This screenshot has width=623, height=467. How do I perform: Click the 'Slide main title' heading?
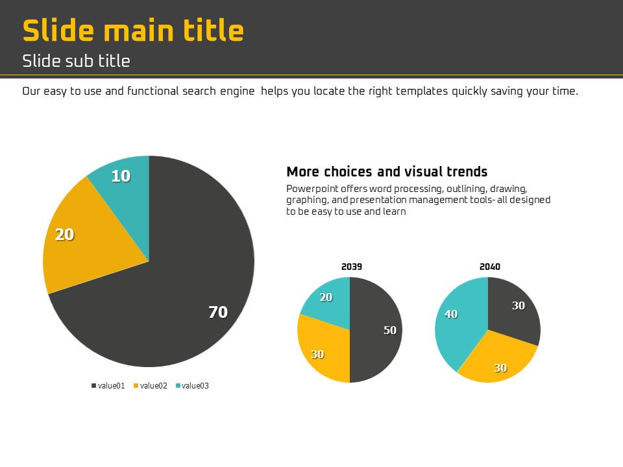pyautogui.click(x=133, y=30)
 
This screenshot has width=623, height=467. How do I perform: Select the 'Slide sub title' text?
pyautogui.click(x=76, y=61)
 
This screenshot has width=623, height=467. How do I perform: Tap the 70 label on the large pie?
pyautogui.click(x=218, y=312)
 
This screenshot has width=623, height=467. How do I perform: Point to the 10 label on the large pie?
pyautogui.click(x=121, y=176)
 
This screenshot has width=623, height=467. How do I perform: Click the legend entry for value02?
pyautogui.click(x=151, y=386)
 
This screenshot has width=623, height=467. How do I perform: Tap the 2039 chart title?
pyautogui.click(x=352, y=267)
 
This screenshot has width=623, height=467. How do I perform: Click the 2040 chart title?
pyautogui.click(x=490, y=267)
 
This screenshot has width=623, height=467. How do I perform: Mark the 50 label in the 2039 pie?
pyautogui.click(x=390, y=330)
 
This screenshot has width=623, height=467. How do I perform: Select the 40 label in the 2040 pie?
pyautogui.click(x=451, y=314)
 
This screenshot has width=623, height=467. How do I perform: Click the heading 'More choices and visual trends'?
pyautogui.click(x=387, y=172)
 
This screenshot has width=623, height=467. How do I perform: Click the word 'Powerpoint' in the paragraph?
pyautogui.click(x=309, y=189)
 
